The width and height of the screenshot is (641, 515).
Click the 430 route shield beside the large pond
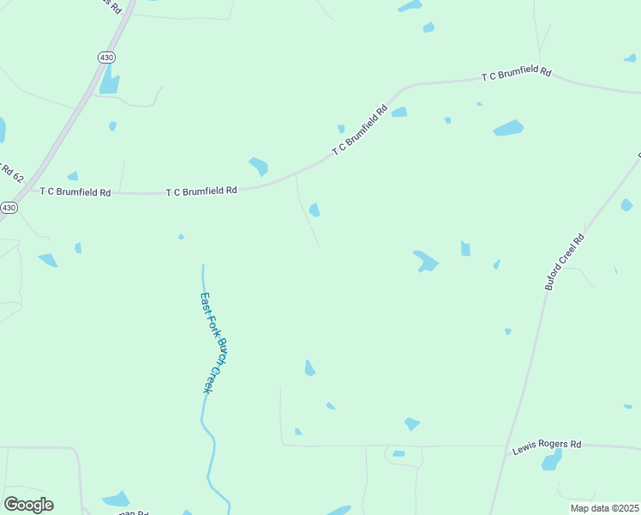pos(105,57)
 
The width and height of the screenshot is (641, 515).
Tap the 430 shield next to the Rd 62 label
pos(9,208)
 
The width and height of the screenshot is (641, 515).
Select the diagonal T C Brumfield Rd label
pos(360,130)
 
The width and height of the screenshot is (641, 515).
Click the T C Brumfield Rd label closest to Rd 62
pos(75,192)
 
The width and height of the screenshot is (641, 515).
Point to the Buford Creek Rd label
pos(565,261)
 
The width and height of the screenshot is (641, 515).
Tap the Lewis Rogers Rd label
pos(547,445)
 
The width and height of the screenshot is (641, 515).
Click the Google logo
pos(28,505)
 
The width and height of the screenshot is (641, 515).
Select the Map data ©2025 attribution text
pos(603,508)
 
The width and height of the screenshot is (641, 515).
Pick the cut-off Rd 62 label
pos(10,170)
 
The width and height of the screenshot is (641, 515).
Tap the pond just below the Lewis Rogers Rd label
pos(552,461)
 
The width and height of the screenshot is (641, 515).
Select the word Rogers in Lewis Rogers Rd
pos(548,445)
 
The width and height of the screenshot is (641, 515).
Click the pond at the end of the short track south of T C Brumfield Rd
pos(315,209)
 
